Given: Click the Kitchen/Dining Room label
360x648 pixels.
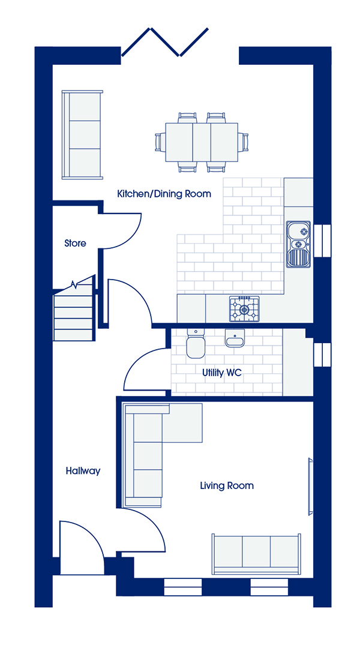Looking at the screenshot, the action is (x=164, y=193).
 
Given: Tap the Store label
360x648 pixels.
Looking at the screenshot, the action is (x=75, y=244).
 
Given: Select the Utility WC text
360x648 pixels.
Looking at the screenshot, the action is (x=221, y=373).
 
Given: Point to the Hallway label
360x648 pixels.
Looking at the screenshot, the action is (x=83, y=471).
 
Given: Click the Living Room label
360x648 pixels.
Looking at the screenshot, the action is (x=226, y=485).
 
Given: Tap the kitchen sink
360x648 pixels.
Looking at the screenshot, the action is (x=298, y=244).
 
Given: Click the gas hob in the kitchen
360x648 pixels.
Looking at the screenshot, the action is (x=245, y=309).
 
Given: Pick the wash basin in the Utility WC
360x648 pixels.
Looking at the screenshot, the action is (x=235, y=337).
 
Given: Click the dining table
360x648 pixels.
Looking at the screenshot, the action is (x=201, y=142).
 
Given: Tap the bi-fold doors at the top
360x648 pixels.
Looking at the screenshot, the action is (x=164, y=42).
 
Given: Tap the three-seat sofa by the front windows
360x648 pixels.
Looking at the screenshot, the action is (x=256, y=554).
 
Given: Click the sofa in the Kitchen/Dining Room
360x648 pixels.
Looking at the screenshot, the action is (x=82, y=135).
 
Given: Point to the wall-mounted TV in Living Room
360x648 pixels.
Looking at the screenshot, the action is (x=310, y=487).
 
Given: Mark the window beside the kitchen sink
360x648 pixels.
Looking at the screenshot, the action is (x=322, y=241).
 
